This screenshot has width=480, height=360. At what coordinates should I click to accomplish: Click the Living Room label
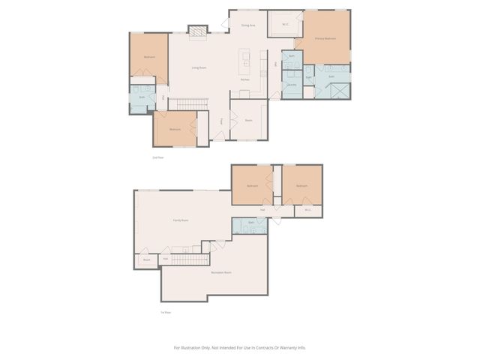(x=199, y=68)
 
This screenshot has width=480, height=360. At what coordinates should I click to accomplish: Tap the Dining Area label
(x=248, y=25)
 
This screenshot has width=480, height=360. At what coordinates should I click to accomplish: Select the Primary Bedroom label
(x=324, y=37)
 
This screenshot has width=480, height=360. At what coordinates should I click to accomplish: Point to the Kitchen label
(x=244, y=79)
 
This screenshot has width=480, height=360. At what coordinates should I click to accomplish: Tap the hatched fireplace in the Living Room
(x=196, y=31)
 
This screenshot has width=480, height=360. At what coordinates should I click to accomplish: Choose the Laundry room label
(x=291, y=85)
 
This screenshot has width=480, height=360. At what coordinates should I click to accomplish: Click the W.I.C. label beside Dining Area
(x=286, y=22)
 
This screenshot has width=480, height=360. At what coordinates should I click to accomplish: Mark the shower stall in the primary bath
(x=338, y=89)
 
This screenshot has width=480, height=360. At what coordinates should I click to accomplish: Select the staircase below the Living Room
(x=184, y=103)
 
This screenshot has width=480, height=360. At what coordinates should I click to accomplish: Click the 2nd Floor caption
(x=157, y=157)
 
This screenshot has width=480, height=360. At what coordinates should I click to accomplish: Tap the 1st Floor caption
(x=164, y=312)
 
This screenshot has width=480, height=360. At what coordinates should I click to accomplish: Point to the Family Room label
(x=180, y=220)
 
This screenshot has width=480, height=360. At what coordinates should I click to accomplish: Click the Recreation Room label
(x=220, y=272)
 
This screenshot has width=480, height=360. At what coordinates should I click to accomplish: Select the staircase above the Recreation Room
(x=189, y=259)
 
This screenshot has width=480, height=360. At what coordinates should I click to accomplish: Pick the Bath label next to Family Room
(x=251, y=223)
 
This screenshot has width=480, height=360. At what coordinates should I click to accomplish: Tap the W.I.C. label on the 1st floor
(x=307, y=210)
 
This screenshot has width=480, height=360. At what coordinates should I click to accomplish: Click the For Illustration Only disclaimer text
(x=240, y=347)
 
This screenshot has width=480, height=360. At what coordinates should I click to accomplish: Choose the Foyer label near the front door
(x=221, y=121)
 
